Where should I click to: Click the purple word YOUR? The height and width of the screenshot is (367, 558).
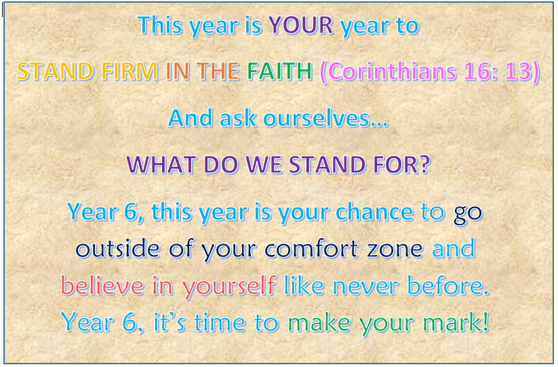tap(301, 25)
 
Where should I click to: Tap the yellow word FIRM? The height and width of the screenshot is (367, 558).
tap(129, 71)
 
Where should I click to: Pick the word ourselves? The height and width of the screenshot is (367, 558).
tap(325, 118)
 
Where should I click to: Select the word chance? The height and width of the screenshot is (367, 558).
tap(374, 212)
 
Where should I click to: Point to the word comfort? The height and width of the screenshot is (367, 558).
tap(311, 248)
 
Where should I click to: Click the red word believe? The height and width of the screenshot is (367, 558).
tap(102, 286)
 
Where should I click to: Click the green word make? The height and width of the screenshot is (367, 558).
tap(319, 322)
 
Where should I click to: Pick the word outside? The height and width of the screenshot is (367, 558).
tap(118, 248)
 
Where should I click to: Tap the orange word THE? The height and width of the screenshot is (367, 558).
tap(218, 71)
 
